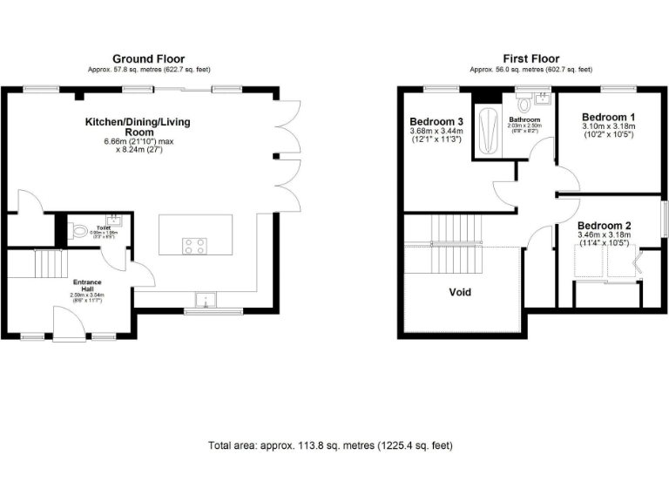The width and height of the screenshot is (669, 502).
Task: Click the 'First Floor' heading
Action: pyautogui.click(x=530, y=59)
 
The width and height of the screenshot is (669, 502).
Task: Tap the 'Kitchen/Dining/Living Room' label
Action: pyautogui.click(x=137, y=126)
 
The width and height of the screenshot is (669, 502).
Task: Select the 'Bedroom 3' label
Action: pyautogui.click(x=436, y=121)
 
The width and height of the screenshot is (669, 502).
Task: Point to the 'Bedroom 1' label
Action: pyautogui.click(x=608, y=117)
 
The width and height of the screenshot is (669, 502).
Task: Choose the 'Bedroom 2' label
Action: pyautogui.click(x=604, y=225)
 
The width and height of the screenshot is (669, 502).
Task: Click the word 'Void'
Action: pyautogui.click(x=459, y=292)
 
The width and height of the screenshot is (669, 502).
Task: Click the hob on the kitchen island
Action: pyautogui.click(x=193, y=246)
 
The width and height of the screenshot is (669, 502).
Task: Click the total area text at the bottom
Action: pyautogui.click(x=330, y=445)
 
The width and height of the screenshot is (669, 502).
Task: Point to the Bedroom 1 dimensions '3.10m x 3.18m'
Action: pyautogui.click(x=608, y=127)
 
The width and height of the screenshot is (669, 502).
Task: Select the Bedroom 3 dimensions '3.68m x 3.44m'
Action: pyautogui.click(x=436, y=132)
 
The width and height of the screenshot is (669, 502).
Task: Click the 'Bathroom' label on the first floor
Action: pyautogui.click(x=525, y=119)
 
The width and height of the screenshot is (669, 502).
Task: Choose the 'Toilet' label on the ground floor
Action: pyautogui.click(x=103, y=227)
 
